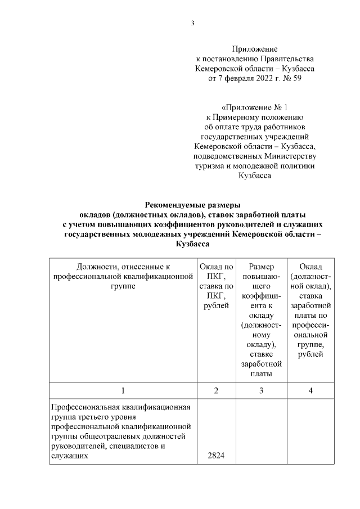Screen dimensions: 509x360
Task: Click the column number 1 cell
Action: pos(123,391)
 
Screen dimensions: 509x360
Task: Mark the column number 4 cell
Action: pos(310,391)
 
